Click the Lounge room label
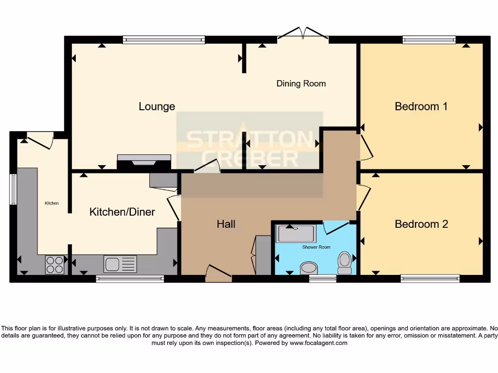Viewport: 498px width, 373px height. point(157,106)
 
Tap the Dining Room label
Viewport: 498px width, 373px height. point(301,84)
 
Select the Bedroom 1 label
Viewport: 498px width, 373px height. point(421,106)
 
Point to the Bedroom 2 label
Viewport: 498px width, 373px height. point(421,224)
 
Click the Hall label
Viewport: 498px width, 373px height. point(226,224)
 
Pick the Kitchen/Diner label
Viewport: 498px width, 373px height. point(122,212)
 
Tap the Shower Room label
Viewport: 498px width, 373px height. point(316,247)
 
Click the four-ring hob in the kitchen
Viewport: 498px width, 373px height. point(54,265)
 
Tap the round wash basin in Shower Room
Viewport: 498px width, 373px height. point(308,267)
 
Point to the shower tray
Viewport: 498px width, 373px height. point(296,234)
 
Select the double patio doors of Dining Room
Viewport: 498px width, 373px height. point(303,33)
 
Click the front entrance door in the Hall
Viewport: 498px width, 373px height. point(218,274)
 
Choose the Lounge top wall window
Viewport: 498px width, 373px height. point(163,40)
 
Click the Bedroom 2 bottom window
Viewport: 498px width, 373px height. point(430,278)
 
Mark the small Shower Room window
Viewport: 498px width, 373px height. point(322,278)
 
